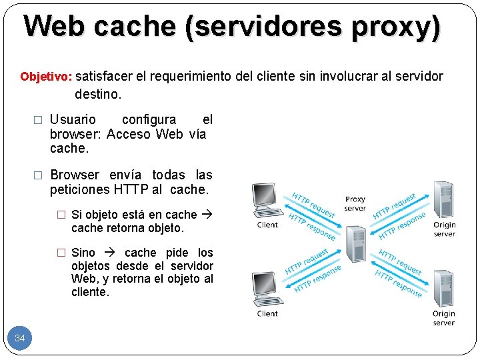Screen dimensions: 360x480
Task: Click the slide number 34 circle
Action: click(x=20, y=339)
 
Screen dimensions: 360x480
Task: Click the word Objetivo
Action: click(x=45, y=77)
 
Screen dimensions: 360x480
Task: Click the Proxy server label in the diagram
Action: click(x=355, y=203)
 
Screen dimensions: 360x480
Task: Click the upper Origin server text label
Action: click(x=444, y=229)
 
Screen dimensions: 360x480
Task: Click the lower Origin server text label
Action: click(x=444, y=318)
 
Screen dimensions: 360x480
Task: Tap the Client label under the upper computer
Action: click(x=267, y=225)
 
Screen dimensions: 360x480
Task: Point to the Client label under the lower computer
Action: click(x=267, y=313)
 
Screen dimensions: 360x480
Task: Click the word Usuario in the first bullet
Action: click(x=73, y=120)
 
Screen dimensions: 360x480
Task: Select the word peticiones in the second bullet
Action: click(x=79, y=190)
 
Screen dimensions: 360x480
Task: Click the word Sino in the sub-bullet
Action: click(x=83, y=253)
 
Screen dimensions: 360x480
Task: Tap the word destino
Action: click(x=98, y=94)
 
